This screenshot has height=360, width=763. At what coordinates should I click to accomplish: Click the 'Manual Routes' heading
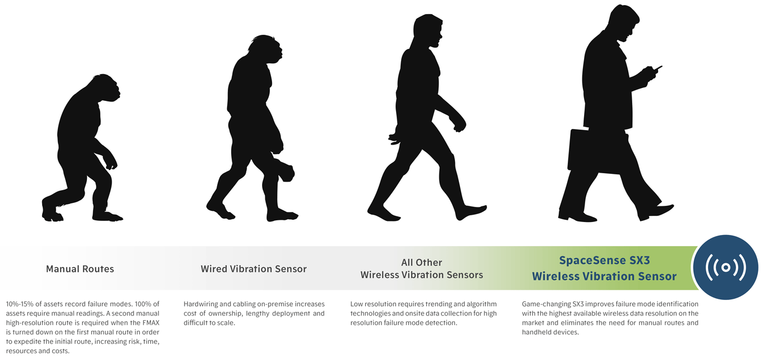point(80,269)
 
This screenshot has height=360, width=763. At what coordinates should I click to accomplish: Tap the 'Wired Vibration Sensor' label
point(254,269)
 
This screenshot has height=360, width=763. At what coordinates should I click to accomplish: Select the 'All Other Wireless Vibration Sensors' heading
point(422,269)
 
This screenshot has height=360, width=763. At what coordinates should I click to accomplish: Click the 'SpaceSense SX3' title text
point(605,261)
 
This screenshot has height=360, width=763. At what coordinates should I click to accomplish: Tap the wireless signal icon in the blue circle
point(726,267)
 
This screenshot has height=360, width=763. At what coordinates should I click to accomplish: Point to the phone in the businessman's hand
point(658,68)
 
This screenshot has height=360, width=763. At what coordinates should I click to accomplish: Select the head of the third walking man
point(428,31)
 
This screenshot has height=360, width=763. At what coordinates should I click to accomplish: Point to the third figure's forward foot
point(472,212)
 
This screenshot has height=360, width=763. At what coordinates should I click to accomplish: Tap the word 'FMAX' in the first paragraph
point(150,323)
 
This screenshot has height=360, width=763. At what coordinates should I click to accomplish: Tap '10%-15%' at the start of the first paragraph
point(19,304)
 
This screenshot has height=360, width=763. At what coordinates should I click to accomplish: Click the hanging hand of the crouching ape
point(111,164)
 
